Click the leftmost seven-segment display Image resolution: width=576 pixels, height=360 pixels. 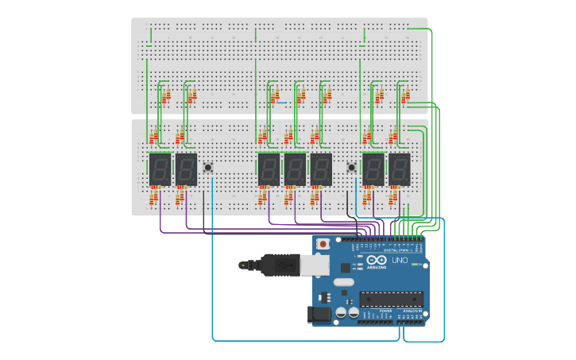[160, 168]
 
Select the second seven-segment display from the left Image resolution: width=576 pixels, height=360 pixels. [185, 168]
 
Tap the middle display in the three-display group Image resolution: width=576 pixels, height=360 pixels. [295, 168]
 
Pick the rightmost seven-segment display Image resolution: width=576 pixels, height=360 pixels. [399, 168]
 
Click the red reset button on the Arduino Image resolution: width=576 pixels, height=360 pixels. [323, 243]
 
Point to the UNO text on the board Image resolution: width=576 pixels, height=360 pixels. [400, 260]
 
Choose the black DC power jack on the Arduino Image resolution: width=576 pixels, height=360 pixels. [319, 315]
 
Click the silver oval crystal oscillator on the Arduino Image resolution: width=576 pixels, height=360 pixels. [343, 282]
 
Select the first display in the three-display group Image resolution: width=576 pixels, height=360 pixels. [269, 168]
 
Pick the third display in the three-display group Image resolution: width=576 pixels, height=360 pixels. [321, 168]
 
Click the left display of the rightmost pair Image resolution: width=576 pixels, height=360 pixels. [373, 168]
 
